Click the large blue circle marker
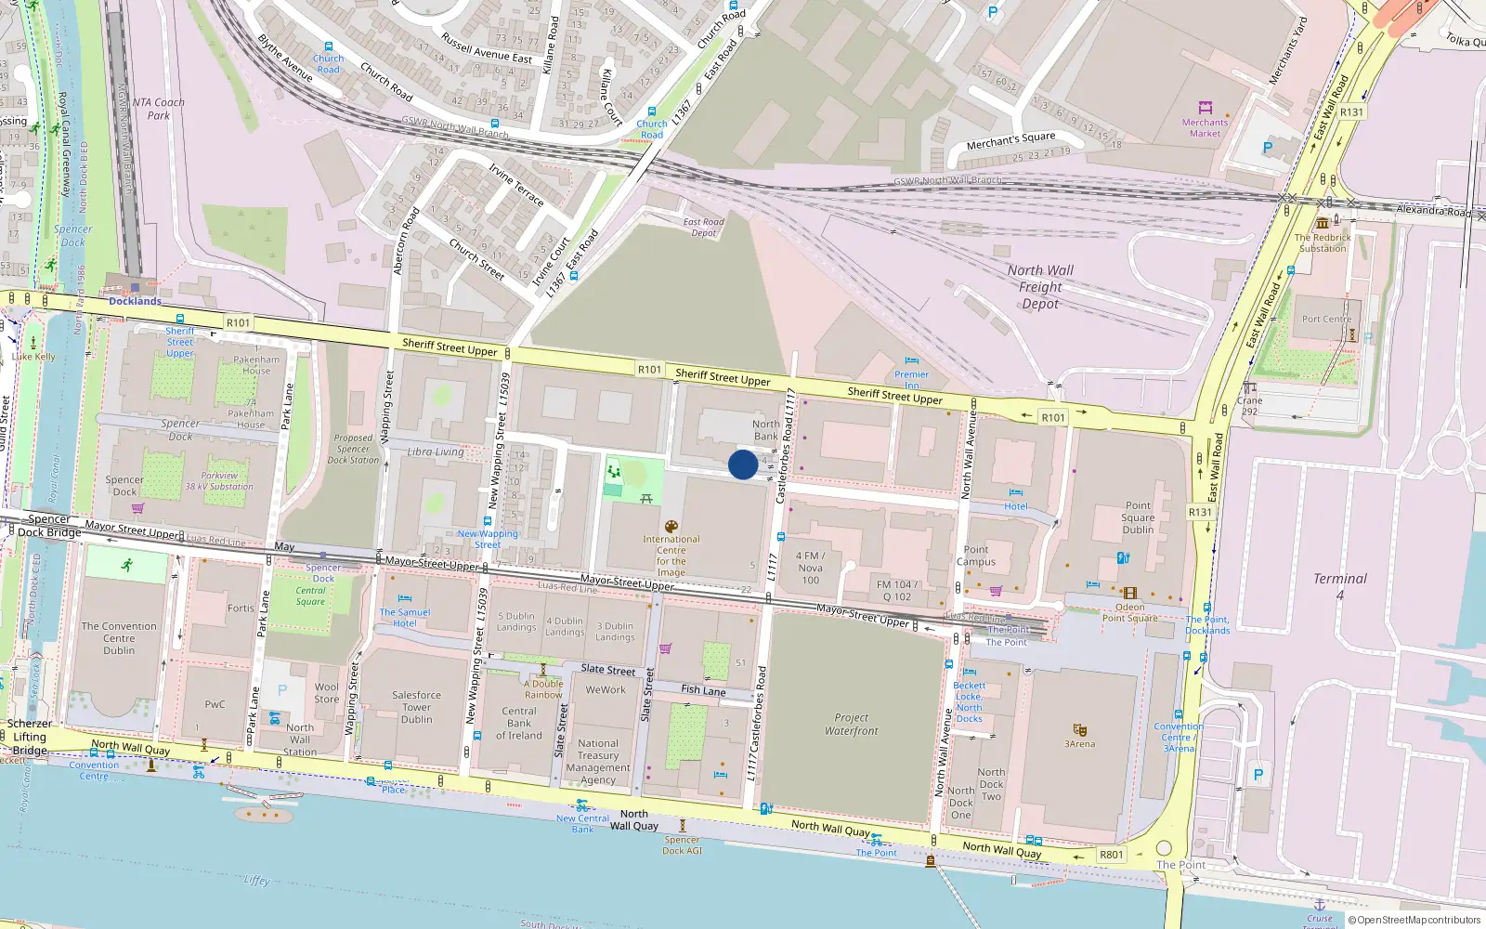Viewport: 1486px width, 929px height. click(742, 464)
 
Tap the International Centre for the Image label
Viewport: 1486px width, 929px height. click(671, 556)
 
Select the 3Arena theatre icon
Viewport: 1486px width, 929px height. click(1079, 729)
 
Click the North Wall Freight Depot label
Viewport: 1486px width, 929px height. click(1040, 287)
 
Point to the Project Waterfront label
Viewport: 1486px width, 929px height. click(851, 724)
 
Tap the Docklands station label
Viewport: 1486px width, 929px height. click(135, 301)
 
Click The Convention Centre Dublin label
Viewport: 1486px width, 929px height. click(119, 638)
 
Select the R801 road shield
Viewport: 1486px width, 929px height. click(1111, 855)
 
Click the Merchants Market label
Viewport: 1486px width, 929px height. click(1205, 128)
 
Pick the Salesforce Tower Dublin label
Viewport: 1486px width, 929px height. click(416, 707)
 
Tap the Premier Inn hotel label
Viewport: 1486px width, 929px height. click(911, 380)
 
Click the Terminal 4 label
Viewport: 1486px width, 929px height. click(1339, 585)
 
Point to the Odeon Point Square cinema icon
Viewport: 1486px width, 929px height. click(1129, 593)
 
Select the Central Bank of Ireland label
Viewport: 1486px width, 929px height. click(519, 723)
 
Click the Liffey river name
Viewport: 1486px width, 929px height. click(256, 880)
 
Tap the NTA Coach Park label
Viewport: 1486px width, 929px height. click(159, 109)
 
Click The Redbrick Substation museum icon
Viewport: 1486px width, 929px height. click(1323, 223)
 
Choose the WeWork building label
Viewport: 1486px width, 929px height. click(606, 689)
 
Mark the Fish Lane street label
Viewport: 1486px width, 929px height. click(703, 690)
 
